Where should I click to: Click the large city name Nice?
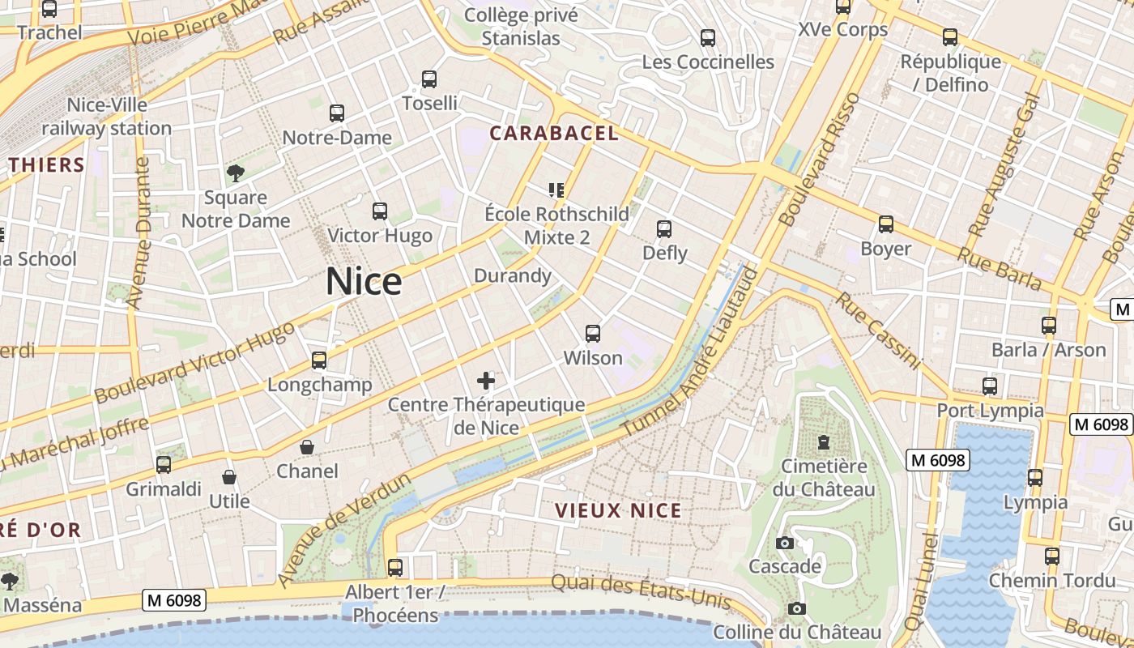point(364,282)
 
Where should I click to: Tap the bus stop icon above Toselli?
point(429,79)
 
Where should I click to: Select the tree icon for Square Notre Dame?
point(236,173)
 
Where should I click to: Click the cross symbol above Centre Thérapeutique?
point(486,380)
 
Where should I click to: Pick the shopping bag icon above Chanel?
point(307,447)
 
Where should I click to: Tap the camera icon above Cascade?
point(784,543)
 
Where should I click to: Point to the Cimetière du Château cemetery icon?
point(824,442)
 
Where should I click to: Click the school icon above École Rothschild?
point(556,190)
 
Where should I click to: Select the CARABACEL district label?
point(554,134)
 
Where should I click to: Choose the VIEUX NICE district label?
point(618,511)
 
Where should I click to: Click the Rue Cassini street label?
point(878,331)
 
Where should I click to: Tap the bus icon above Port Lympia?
point(989,386)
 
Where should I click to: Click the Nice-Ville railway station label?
point(106,117)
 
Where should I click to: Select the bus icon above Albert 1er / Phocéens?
point(394,568)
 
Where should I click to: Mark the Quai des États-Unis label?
point(642,591)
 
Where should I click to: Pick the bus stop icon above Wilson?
point(593,334)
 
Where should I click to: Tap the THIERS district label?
point(47,165)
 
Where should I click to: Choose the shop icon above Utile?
point(229,478)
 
